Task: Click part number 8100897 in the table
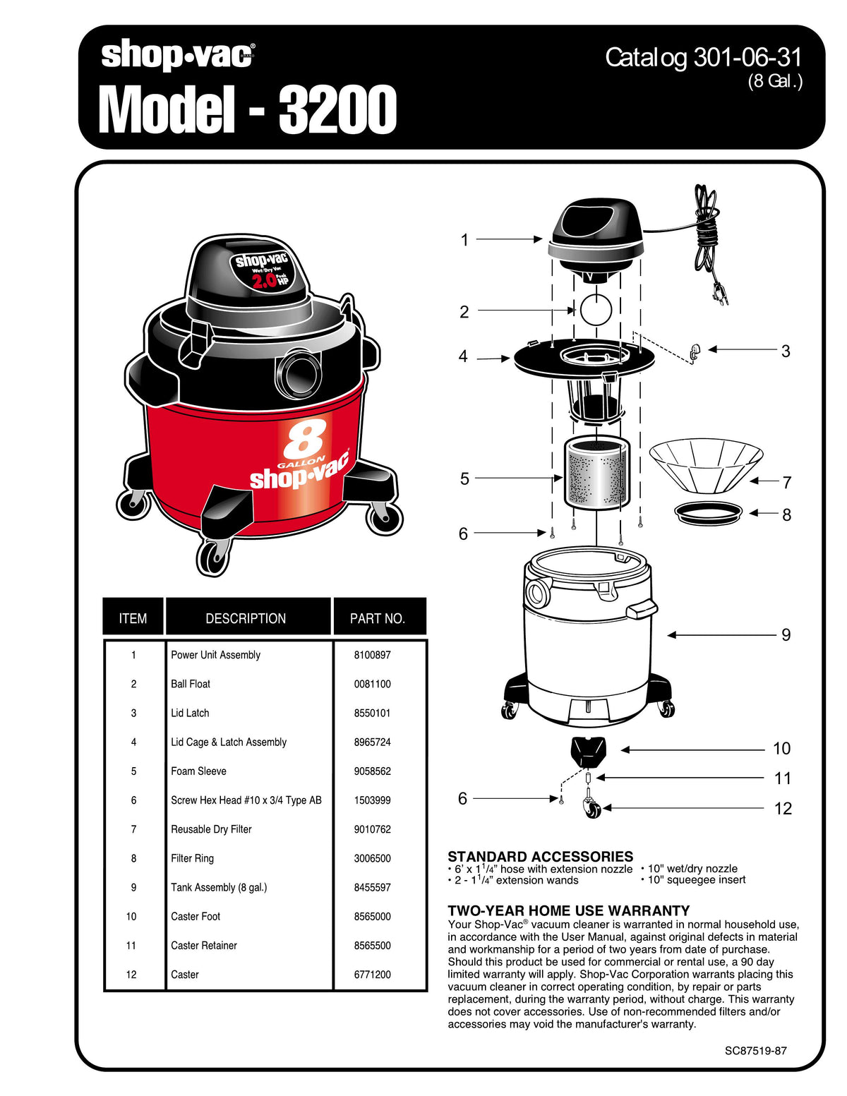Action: click(x=372, y=655)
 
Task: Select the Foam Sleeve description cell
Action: click(x=198, y=771)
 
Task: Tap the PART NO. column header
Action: click(x=378, y=618)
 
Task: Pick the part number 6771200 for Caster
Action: click(x=372, y=975)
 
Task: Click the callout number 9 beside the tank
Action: click(x=786, y=635)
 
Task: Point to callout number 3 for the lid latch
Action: click(x=786, y=351)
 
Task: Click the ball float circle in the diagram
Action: click(x=594, y=309)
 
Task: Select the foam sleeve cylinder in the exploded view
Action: click(x=596, y=474)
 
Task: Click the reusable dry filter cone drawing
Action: click(x=705, y=464)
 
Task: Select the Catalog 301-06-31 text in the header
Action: click(x=703, y=58)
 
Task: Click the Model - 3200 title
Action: click(x=247, y=109)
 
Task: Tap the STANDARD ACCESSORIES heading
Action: click(x=540, y=856)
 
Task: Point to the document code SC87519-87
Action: click(x=755, y=1050)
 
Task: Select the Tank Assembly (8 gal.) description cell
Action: click(x=219, y=888)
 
